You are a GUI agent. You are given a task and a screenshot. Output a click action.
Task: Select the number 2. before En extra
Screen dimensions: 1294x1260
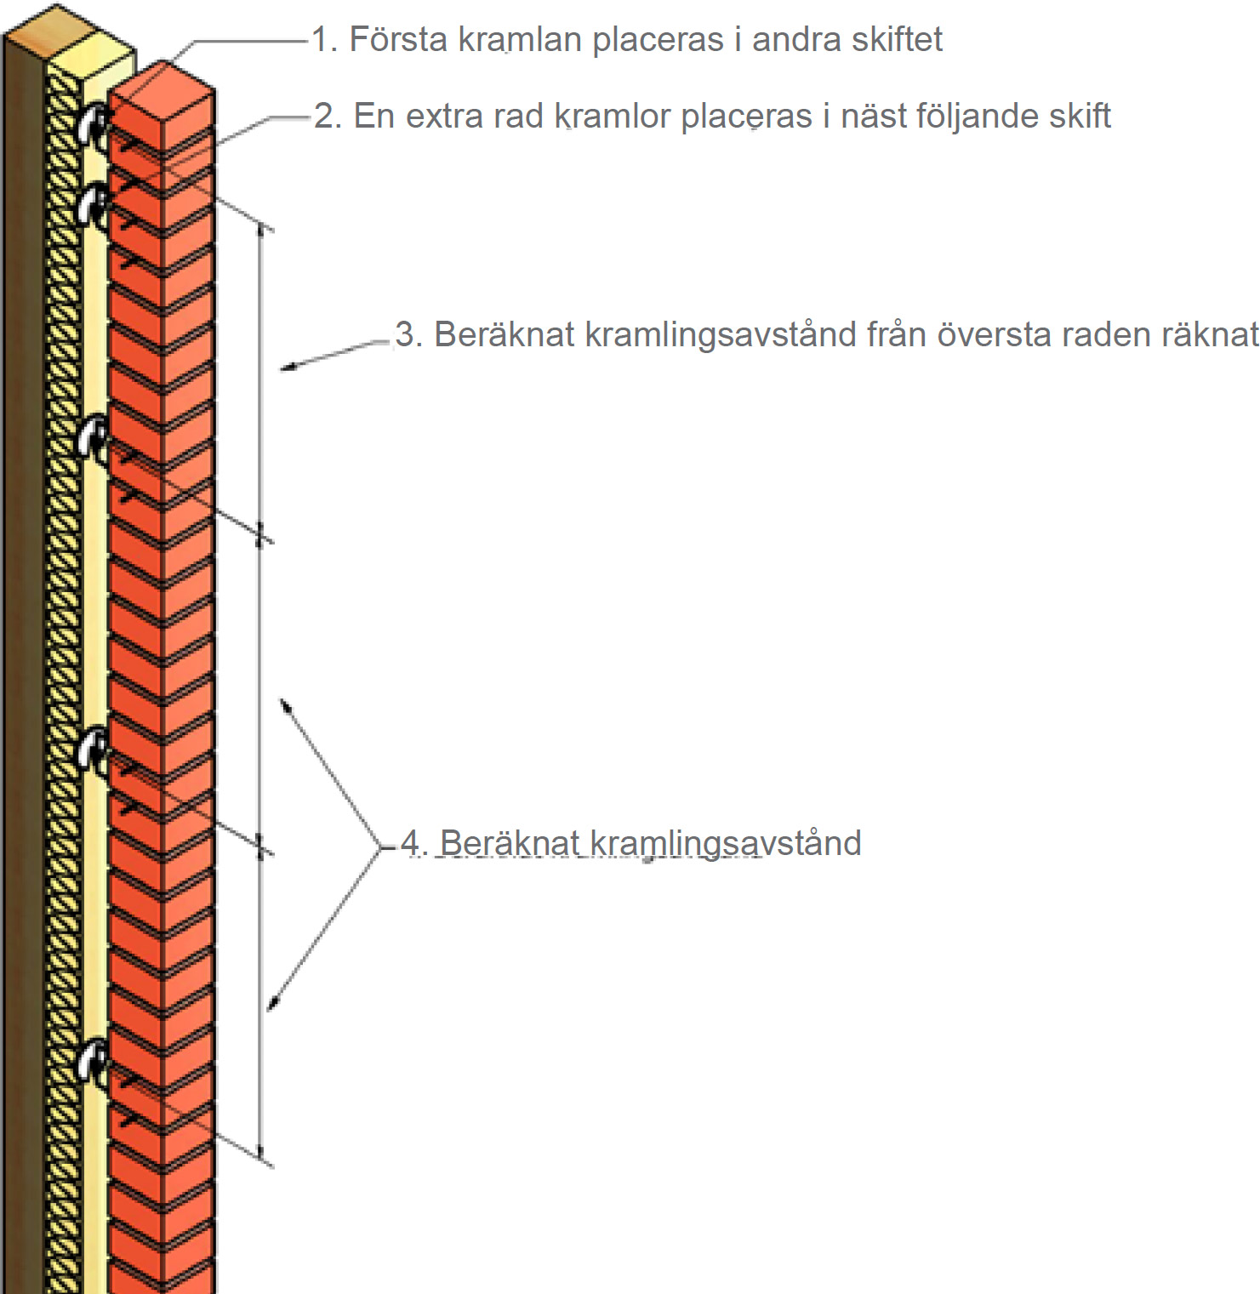coord(327,117)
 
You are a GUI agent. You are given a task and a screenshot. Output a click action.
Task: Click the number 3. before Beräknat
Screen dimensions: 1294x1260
coord(408,334)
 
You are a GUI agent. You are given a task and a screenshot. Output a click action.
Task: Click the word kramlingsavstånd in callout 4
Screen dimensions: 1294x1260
coord(725,844)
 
